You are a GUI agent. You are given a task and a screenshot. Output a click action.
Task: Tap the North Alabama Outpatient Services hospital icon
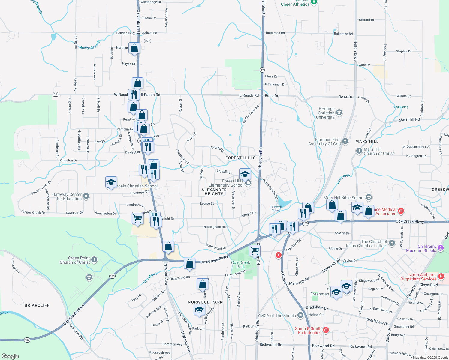tap(441, 276)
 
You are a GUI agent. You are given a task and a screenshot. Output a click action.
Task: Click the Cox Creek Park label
tap(240, 265)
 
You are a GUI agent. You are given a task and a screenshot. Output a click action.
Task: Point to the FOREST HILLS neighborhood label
tap(240, 158)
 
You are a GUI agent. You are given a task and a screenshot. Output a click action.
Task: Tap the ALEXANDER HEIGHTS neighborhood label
tap(214, 192)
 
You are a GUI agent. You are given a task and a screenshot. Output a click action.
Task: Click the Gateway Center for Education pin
tap(86, 196)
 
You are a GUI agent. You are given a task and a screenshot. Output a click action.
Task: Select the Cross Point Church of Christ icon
tap(94, 259)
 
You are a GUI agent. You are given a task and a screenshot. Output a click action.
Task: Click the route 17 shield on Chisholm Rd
tap(262, 70)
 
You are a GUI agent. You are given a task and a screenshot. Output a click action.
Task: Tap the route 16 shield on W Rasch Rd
tap(56, 94)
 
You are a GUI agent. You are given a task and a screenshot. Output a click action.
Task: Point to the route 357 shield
tap(147, 41)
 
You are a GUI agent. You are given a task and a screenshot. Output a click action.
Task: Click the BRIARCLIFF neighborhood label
tap(37, 305)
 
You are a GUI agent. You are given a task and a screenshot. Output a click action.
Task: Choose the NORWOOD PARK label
tap(205, 302)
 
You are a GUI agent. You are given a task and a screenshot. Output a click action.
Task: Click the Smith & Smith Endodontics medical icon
tap(326, 330)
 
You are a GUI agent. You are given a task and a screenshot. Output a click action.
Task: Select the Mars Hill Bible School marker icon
tap(369, 197)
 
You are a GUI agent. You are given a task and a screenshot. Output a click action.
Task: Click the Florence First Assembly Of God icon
tap(345, 141)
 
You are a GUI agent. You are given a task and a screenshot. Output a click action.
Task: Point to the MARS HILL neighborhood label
tap(367, 141)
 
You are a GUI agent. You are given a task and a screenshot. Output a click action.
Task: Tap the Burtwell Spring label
tap(276, 208)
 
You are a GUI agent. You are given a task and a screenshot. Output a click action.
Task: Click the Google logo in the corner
tap(10, 356)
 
